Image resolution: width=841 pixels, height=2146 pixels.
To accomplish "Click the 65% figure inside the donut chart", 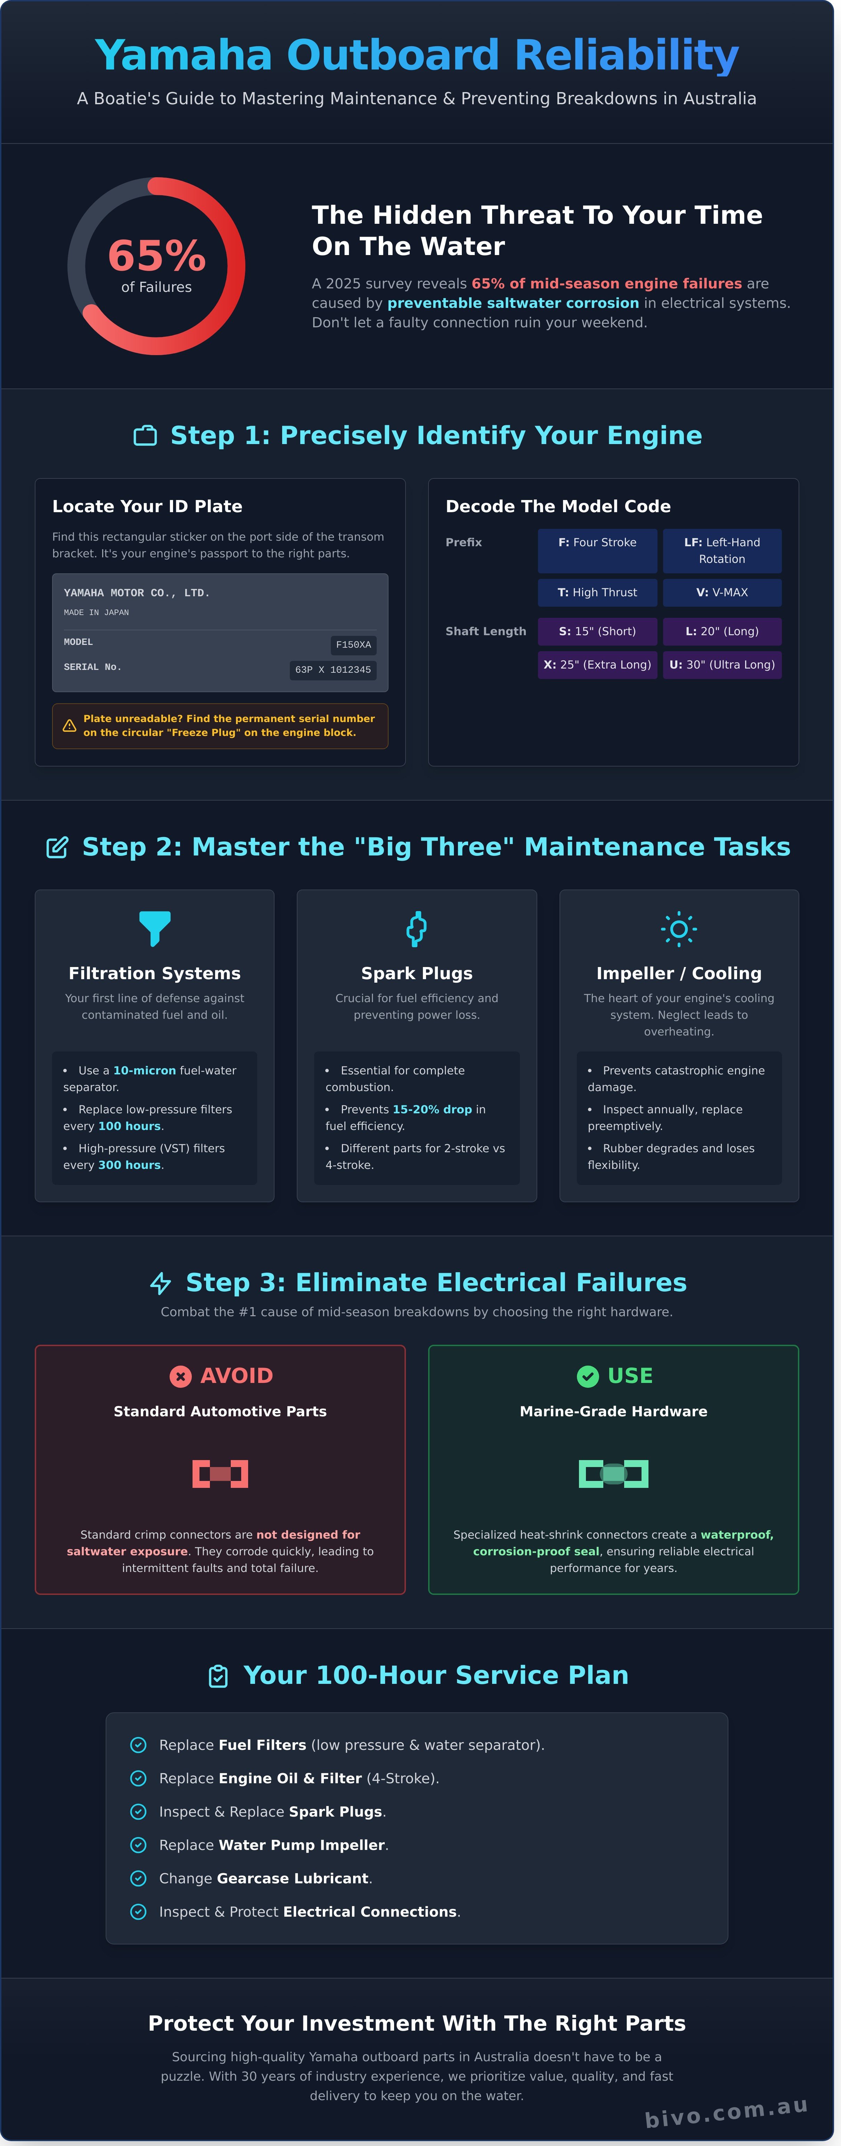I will coord(157,255).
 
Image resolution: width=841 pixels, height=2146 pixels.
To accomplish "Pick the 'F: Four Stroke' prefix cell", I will coord(597,542).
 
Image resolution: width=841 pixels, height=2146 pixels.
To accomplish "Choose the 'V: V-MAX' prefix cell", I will coord(722,592).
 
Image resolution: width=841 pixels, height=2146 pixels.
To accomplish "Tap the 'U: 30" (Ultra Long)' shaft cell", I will coord(722,665).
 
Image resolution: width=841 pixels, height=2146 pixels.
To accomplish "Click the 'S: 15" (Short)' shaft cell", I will coord(597,631).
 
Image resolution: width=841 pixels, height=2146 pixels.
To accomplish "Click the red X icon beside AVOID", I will coord(180,1376).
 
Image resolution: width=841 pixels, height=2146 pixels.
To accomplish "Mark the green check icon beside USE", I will coord(588,1376).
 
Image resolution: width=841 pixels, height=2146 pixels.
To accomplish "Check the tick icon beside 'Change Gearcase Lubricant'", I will coord(138,1878).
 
